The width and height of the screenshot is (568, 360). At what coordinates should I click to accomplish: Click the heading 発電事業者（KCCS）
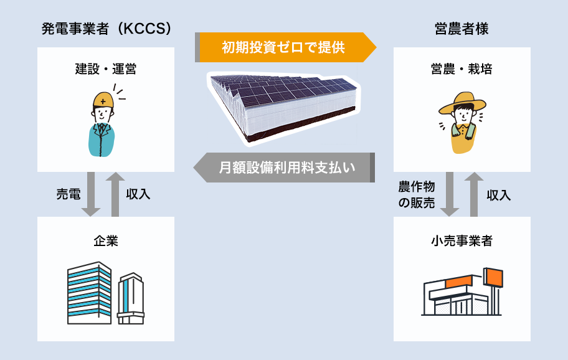click(x=106, y=29)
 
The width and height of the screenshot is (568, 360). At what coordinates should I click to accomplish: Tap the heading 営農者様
click(x=462, y=29)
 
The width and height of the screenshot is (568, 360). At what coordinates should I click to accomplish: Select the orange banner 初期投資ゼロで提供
click(x=283, y=47)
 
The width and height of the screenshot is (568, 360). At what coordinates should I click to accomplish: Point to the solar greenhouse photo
click(x=284, y=106)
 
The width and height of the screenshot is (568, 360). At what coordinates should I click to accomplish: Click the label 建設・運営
click(x=106, y=69)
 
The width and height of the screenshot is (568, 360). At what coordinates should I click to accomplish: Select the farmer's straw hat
click(x=462, y=103)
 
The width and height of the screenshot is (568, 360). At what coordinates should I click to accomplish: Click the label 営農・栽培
click(x=462, y=69)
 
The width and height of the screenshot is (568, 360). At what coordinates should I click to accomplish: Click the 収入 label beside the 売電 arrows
click(x=138, y=194)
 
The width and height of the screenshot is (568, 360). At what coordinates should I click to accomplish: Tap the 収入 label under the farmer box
click(x=498, y=195)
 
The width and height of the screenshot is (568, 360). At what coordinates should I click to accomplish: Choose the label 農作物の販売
click(x=417, y=194)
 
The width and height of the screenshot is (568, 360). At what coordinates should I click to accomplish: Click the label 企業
click(x=106, y=241)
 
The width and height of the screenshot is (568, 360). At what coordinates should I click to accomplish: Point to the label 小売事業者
click(x=462, y=241)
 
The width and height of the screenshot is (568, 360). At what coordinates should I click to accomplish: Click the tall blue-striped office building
click(x=89, y=293)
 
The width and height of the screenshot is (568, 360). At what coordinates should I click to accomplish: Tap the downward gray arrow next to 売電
click(x=91, y=194)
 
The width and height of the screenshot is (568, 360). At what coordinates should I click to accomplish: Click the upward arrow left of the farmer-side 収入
click(x=474, y=194)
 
